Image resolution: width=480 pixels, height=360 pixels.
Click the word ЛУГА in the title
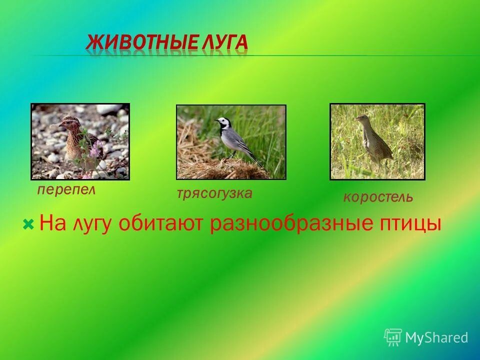click(225, 43)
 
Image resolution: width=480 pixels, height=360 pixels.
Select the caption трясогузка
click(214, 193)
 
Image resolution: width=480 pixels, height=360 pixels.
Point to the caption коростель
click(378, 197)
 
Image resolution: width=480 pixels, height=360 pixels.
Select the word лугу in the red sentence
click(94, 223)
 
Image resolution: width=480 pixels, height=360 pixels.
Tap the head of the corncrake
click(361, 118)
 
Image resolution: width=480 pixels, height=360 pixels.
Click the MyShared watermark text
click(436, 337)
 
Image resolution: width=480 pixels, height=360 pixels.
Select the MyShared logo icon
click(393, 337)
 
